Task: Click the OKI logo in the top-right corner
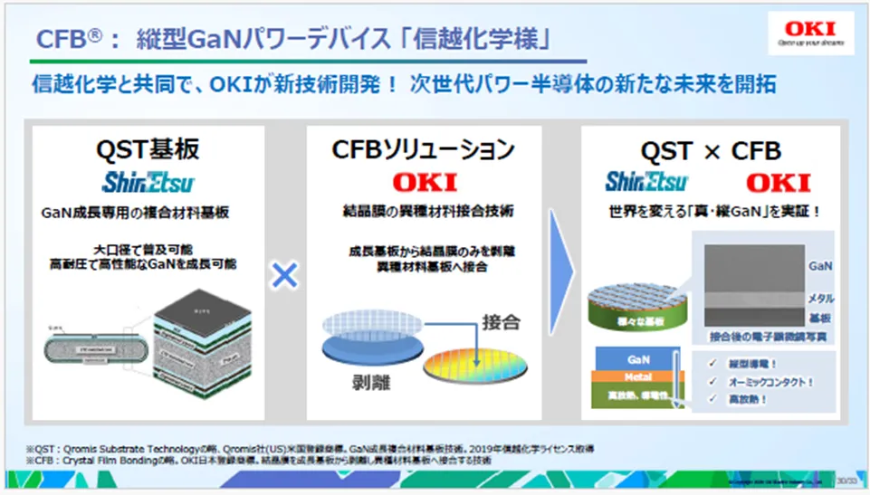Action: [x=808, y=33]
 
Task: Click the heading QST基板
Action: [x=149, y=150]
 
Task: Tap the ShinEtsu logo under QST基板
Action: [x=149, y=183]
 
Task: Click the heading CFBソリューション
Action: [x=425, y=150]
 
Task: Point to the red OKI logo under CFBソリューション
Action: [x=425, y=183]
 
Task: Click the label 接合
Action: [x=503, y=321]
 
